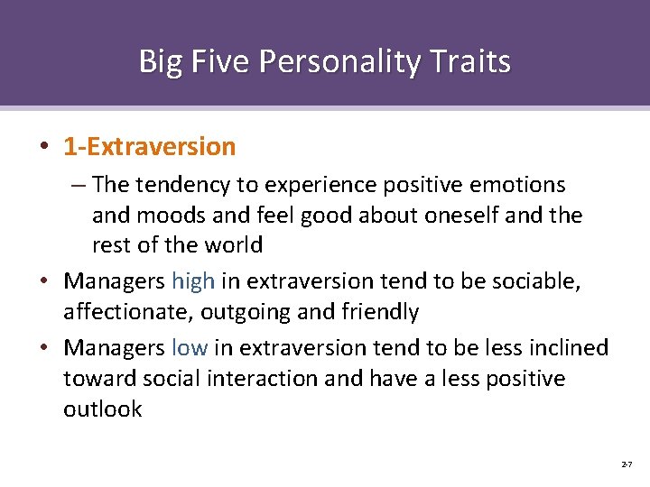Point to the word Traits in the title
pos(472,62)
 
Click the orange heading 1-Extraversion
pos(149,146)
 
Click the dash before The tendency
pos(79,186)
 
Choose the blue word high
pos(192,281)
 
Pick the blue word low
pos(189,348)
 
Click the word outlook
pos(103,409)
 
